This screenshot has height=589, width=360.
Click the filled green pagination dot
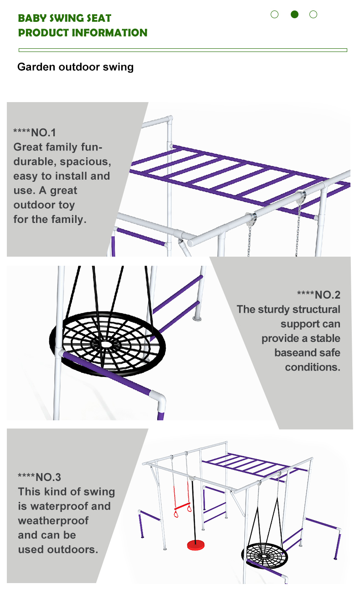(294, 14)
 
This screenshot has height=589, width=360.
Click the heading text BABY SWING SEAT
(65, 18)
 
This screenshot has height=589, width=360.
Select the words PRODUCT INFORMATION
(83, 33)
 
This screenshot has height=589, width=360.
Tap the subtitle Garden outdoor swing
(75, 67)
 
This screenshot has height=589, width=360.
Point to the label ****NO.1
(35, 133)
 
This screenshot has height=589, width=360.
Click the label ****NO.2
(319, 295)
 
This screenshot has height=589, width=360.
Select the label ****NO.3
(39, 477)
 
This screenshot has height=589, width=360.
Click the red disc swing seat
(196, 544)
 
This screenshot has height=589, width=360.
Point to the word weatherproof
(53, 520)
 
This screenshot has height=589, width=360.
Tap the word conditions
(313, 367)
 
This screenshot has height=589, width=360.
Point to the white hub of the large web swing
(106, 344)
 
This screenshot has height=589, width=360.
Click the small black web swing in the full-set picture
(265, 555)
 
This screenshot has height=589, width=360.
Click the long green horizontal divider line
(183, 50)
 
